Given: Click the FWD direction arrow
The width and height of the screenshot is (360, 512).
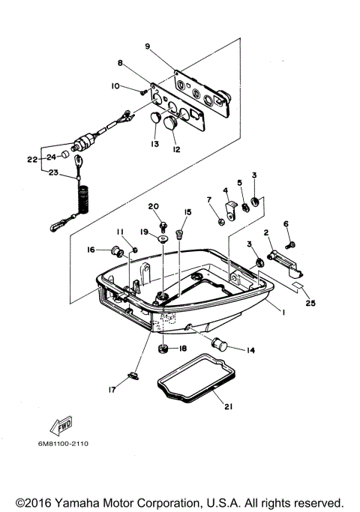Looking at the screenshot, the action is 61,426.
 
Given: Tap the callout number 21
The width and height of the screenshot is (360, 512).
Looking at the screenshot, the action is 228,406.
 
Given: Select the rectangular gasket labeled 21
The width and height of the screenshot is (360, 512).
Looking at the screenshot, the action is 196,379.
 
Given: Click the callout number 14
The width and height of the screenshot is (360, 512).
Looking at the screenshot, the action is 250,350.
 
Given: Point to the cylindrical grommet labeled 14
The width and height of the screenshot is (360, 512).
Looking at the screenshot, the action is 219,344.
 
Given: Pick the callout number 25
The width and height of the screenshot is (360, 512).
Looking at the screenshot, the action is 310,303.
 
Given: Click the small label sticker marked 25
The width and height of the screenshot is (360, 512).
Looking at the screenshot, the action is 298,286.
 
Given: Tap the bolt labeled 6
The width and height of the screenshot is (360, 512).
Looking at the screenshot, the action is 290,245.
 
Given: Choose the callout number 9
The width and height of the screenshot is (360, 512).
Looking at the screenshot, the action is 148,46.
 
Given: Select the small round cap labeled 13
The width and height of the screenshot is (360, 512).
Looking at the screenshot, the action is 155,117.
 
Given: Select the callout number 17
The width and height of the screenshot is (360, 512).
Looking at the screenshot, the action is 112,390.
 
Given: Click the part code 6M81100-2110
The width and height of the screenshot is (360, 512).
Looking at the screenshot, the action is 64,444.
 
